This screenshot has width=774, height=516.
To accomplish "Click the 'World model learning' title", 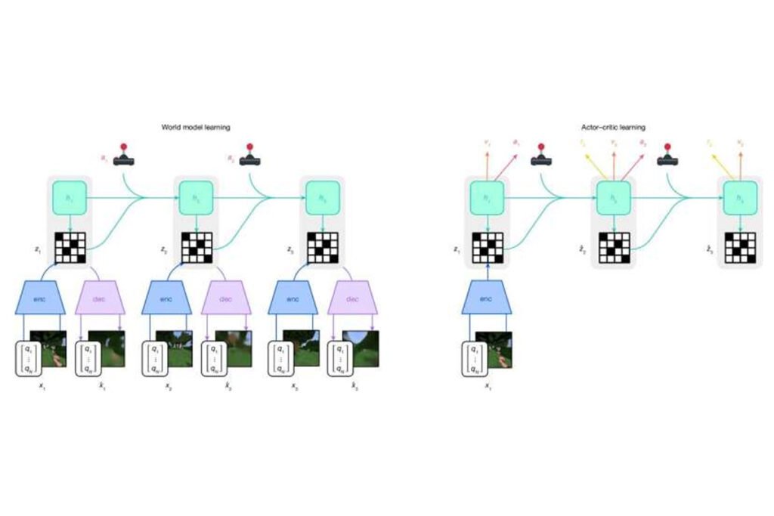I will pyautogui.click(x=195, y=128).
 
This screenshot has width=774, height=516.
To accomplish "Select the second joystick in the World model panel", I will pyautogui.click(x=251, y=156).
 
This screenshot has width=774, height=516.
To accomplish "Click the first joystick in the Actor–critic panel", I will pyautogui.click(x=541, y=156).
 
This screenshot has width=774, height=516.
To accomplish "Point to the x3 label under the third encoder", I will pyautogui.click(x=294, y=385).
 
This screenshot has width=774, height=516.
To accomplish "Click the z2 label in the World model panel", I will pyautogui.click(x=163, y=248).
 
